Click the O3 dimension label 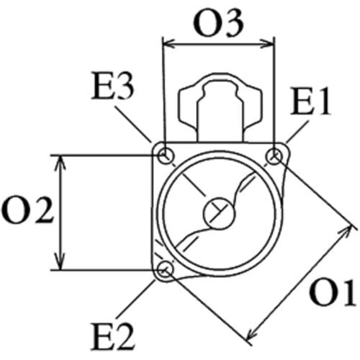(218, 24)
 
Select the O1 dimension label (333, 293)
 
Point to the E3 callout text (112, 86)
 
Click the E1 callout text (311, 100)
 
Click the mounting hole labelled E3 (166, 156)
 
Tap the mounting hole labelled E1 (274, 157)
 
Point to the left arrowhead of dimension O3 (168, 45)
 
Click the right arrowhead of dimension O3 (268, 45)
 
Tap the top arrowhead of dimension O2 (60, 163)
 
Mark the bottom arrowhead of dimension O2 (60, 262)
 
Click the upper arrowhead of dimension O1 (345, 233)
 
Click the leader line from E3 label (133, 124)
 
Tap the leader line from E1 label (297, 132)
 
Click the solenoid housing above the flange (220, 108)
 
